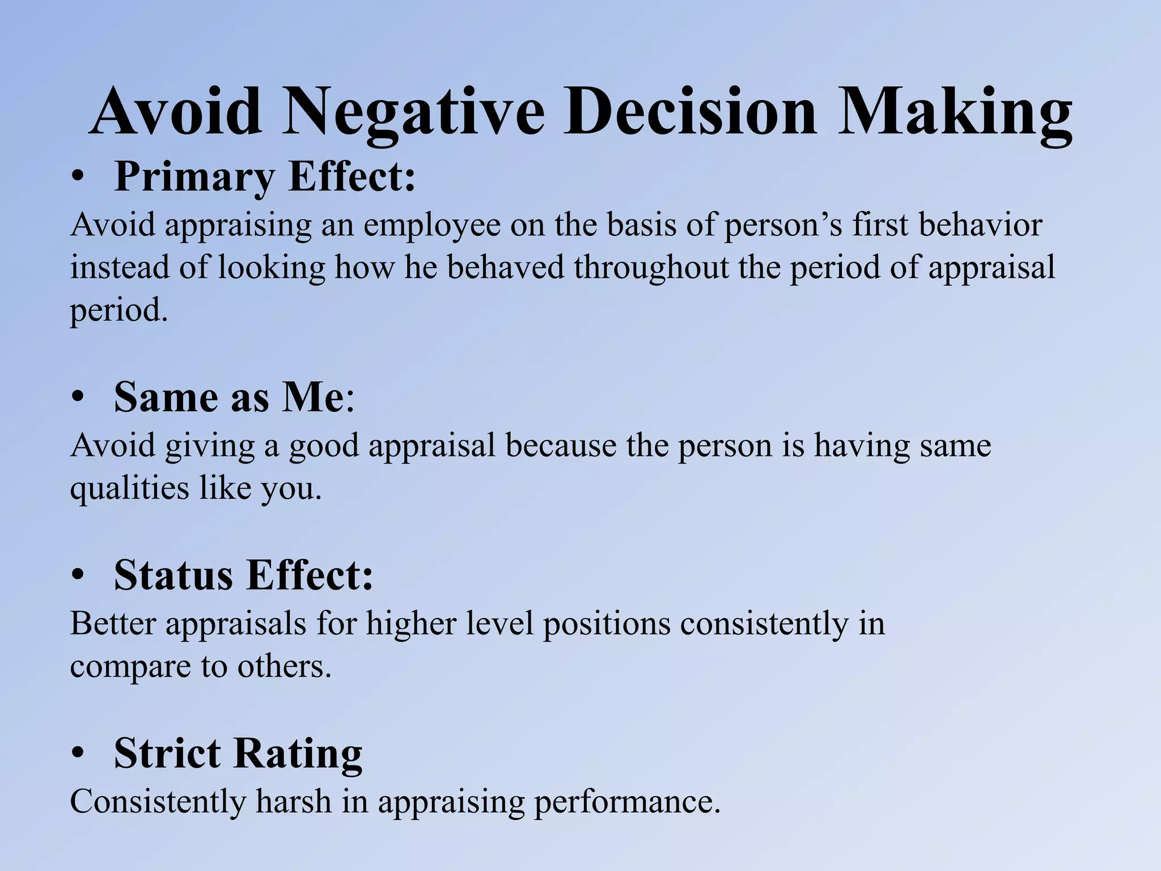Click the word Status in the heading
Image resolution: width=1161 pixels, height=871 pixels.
173,576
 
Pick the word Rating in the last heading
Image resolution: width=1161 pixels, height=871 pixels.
298,754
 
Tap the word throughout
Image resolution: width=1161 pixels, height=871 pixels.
651,268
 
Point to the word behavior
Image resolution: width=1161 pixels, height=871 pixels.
980,225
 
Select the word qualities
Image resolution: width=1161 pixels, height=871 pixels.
129,489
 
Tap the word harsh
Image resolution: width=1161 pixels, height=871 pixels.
294,802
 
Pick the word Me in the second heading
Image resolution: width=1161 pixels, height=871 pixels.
313,398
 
